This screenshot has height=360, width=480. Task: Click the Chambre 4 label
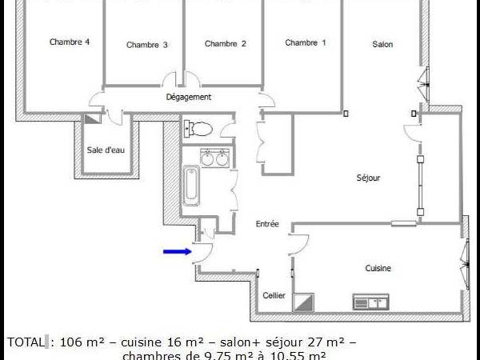click(x=69, y=42)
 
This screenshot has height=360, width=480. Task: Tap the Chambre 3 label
click(x=146, y=45)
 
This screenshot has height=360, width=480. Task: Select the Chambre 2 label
click(x=226, y=44)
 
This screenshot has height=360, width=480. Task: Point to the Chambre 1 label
click(x=306, y=43)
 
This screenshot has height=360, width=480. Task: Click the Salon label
click(x=382, y=44)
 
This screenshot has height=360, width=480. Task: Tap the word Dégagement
click(x=189, y=97)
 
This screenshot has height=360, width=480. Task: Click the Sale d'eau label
click(x=103, y=150)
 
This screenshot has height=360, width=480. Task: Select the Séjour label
click(x=368, y=178)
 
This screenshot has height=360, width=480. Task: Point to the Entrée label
click(x=267, y=224)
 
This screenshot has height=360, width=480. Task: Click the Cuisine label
click(x=378, y=269)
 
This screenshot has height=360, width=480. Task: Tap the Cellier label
click(x=274, y=295)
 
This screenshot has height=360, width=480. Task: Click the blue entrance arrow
click(x=177, y=252)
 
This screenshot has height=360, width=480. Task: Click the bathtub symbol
click(x=192, y=185)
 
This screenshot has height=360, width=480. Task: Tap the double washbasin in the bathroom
click(x=215, y=158)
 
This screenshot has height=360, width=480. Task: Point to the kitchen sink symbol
click(x=370, y=302)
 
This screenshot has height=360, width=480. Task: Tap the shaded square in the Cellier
click(x=304, y=302)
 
